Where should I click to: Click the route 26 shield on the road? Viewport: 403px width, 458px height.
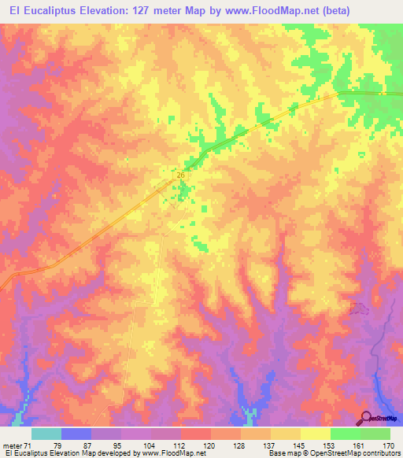[x=180, y=175]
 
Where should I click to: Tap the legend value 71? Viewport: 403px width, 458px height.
[x=31, y=445]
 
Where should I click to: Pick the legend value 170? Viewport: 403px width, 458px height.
[x=389, y=445]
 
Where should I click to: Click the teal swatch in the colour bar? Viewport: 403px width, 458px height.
[x=46, y=434]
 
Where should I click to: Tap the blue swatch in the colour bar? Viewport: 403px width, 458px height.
[x=76, y=434]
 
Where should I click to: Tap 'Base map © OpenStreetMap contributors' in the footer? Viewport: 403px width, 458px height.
[x=331, y=453]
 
